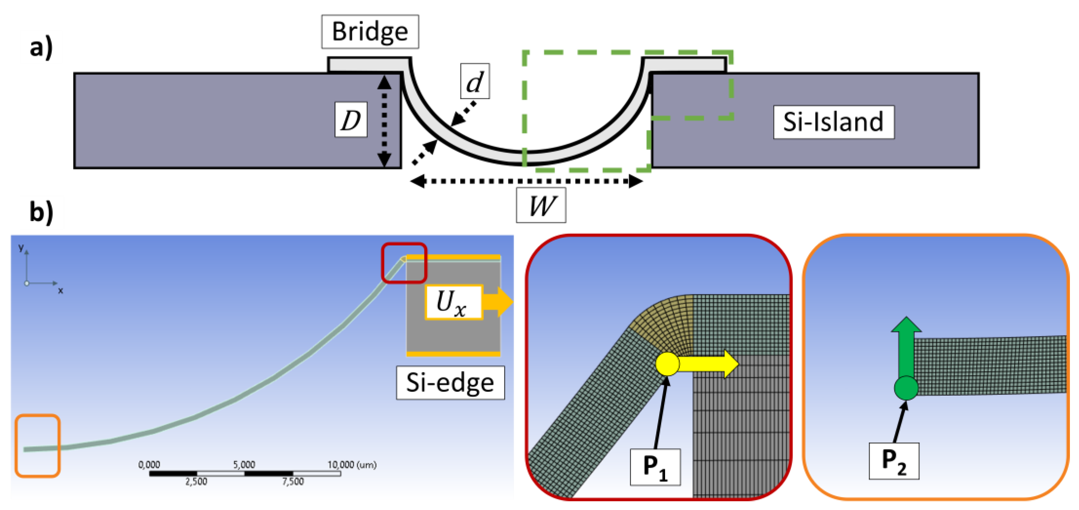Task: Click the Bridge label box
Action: pos(370,32)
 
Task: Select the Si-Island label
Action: pos(834,122)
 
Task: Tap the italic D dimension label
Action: pos(351,120)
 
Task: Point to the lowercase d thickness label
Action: pos(475,81)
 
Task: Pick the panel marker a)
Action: pos(41,47)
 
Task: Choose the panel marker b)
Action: pos(41,211)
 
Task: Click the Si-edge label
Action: pos(450,382)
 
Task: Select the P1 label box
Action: pos(655,467)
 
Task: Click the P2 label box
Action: pos(894,461)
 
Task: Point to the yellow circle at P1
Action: pos(667,364)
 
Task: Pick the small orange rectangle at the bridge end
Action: pos(38,446)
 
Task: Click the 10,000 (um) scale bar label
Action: pos(352,465)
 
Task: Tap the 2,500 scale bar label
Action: pos(196,481)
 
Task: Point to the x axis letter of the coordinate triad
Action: pos(61,290)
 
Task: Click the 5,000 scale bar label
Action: pos(244,465)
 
